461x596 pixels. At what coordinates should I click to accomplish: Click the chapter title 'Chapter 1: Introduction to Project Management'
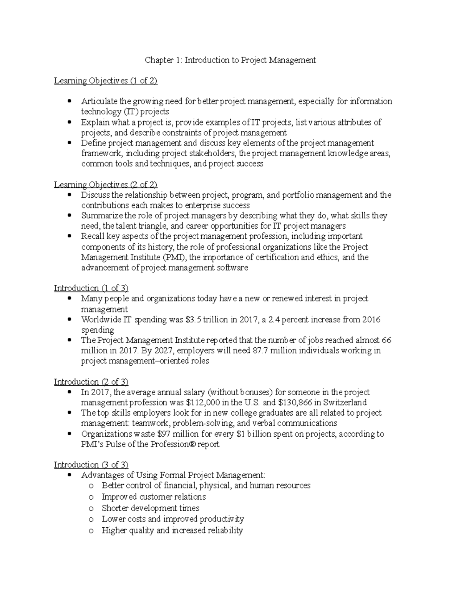pos(230,60)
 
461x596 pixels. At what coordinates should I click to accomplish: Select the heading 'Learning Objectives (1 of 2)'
pos(106,81)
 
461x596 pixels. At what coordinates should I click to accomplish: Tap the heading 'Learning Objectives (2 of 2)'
pos(106,185)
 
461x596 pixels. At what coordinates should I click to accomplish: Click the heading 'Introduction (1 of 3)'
pos(91,288)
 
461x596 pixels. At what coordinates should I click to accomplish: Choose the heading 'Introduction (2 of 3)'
pos(91,382)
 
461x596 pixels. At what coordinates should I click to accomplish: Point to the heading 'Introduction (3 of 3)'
pos(91,465)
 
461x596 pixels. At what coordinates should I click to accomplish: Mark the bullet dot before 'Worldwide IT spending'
pos(69,319)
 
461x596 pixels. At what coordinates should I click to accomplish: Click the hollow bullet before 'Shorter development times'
pos(91,508)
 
